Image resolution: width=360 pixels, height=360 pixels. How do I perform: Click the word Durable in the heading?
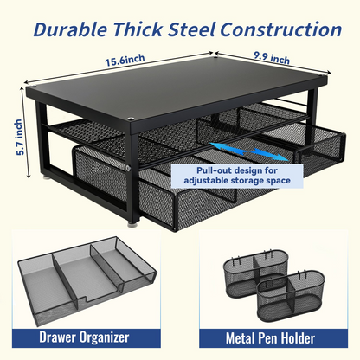[70, 29]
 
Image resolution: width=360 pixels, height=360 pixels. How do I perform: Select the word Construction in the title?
[281, 29]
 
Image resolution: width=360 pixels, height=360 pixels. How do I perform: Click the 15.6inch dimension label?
[125, 61]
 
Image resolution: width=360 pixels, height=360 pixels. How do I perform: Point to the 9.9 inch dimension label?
[272, 58]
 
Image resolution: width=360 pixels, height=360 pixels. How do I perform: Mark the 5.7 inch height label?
[19, 137]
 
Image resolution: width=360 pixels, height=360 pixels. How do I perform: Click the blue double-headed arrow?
[249, 151]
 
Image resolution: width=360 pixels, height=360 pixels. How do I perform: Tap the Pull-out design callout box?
[237, 176]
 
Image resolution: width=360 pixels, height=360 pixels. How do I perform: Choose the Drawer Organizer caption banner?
[87, 337]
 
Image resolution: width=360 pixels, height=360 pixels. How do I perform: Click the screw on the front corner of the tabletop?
[132, 118]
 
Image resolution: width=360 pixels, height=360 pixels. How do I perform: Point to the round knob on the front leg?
[127, 168]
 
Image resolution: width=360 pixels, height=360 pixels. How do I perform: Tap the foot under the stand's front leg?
[133, 223]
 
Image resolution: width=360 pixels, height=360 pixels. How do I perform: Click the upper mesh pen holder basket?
[255, 272]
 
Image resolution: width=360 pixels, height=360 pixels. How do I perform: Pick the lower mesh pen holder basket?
[291, 295]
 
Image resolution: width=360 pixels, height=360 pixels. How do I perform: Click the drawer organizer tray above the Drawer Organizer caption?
[87, 280]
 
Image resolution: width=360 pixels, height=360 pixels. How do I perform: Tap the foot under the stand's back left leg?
[48, 177]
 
